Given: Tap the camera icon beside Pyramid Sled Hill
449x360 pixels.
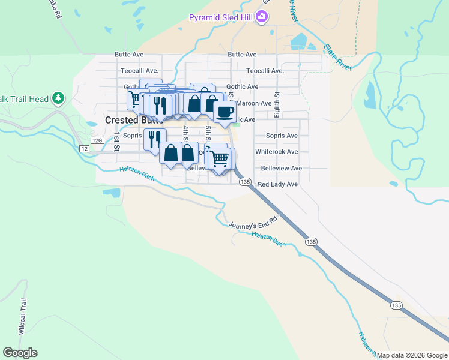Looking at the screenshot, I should click(x=261, y=17).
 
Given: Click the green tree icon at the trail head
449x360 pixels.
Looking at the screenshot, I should click(x=58, y=97).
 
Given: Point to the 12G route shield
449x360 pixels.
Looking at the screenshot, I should click(x=98, y=139).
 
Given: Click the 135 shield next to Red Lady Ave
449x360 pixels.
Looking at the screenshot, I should click(x=244, y=181).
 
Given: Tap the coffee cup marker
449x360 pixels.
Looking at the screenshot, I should click(x=224, y=112).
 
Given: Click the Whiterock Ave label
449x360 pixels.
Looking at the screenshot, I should click(x=276, y=152).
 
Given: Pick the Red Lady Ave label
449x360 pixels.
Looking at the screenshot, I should click(x=277, y=184).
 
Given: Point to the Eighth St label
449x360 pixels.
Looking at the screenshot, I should click(x=277, y=103).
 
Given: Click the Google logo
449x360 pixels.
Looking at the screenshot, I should click(x=20, y=353).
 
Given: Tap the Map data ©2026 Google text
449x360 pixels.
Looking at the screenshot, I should click(x=412, y=356).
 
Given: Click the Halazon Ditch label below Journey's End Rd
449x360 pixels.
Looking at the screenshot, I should click(x=269, y=239).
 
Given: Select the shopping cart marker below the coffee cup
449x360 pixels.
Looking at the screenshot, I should click(x=220, y=158).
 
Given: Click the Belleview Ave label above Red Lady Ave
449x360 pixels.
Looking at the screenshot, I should click(x=279, y=168).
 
